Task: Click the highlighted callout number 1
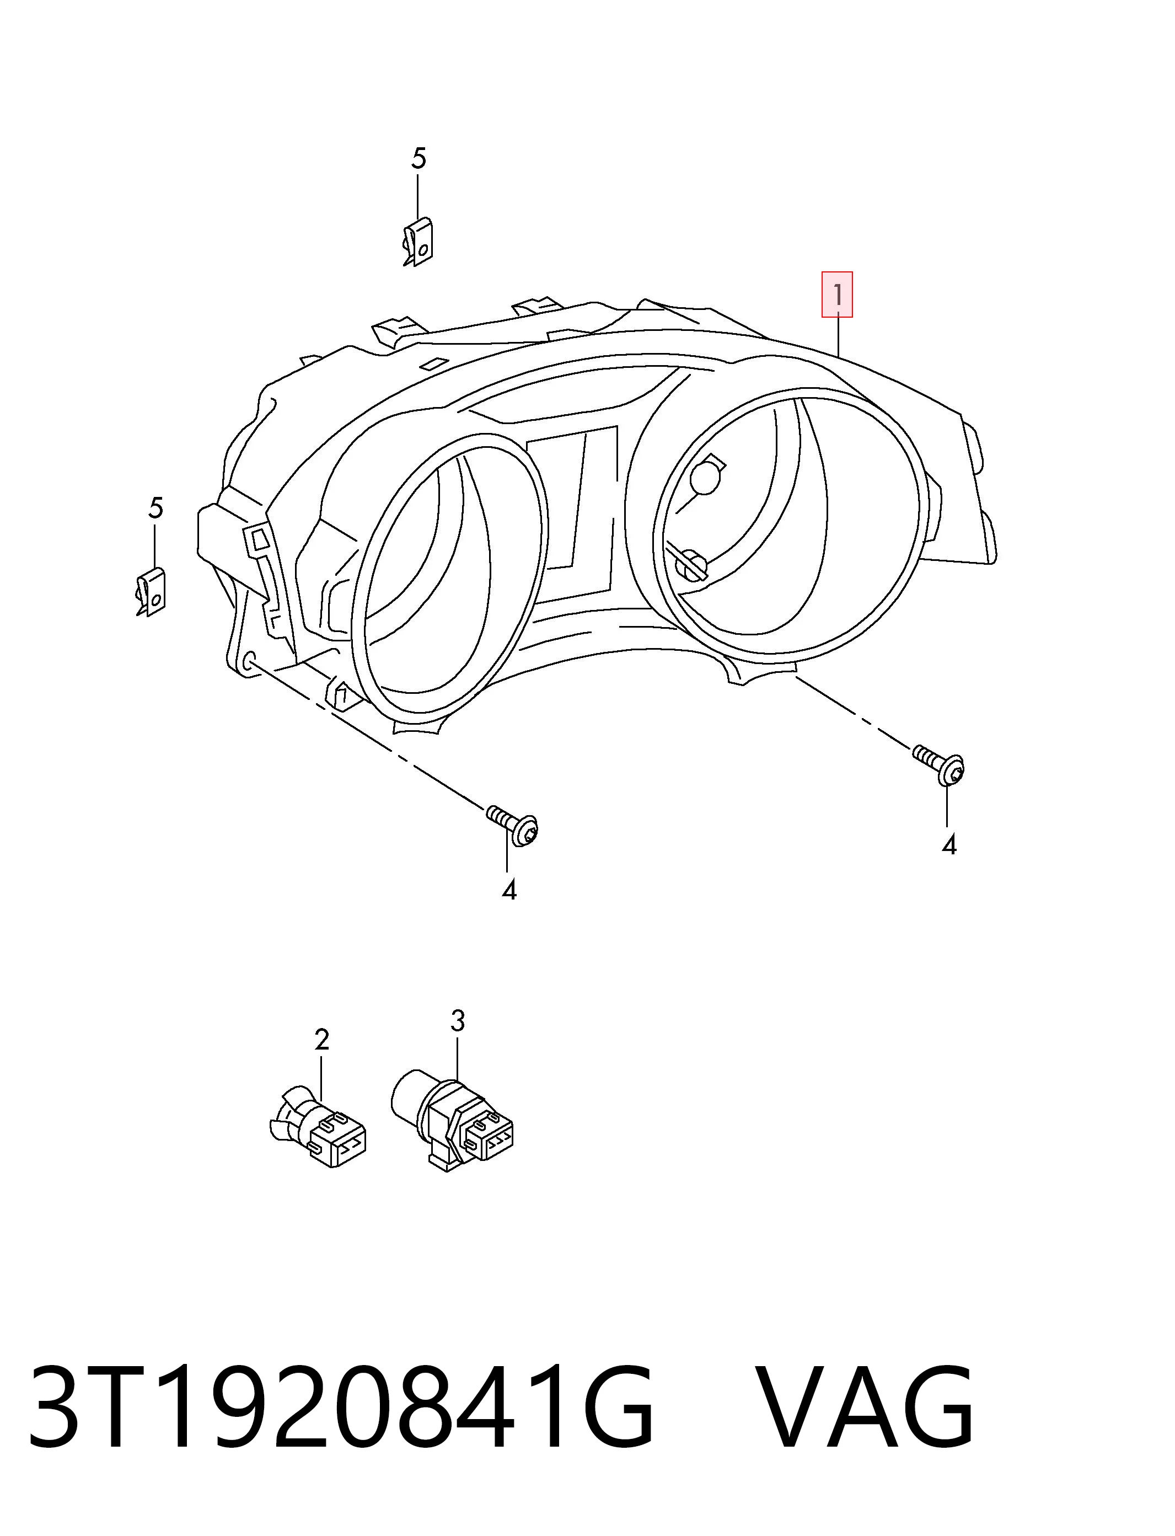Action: coord(836,294)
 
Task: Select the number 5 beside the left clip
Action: coord(155,508)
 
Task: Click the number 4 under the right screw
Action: coord(948,845)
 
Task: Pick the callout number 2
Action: coord(321,1040)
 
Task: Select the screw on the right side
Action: coord(940,764)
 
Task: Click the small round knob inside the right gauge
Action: coord(706,478)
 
